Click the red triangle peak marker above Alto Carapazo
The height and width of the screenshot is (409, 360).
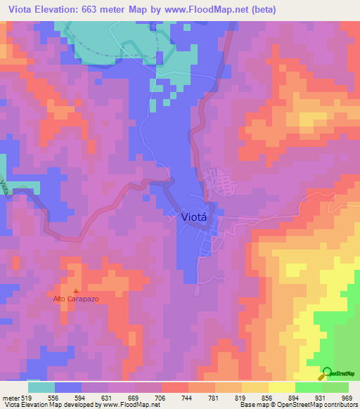76,290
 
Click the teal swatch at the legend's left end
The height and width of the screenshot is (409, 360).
41,387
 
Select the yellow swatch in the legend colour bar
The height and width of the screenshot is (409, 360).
281,387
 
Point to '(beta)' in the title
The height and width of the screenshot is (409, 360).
262,10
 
